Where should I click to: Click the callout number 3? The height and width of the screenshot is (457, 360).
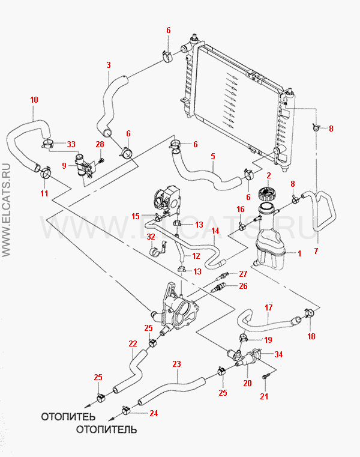click(x=108, y=64)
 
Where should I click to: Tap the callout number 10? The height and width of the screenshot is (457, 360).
click(x=34, y=100)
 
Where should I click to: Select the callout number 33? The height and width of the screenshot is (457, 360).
click(x=71, y=144)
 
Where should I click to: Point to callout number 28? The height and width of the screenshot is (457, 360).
click(x=100, y=144)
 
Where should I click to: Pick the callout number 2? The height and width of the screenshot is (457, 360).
click(x=268, y=175)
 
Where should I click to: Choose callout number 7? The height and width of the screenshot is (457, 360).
click(x=316, y=250)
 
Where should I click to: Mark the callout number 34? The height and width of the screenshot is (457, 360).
click(x=278, y=354)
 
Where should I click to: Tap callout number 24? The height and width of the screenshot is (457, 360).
click(x=153, y=413)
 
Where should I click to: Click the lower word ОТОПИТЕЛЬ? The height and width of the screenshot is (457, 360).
click(x=106, y=429)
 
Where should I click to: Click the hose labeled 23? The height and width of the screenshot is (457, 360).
click(x=174, y=387)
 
